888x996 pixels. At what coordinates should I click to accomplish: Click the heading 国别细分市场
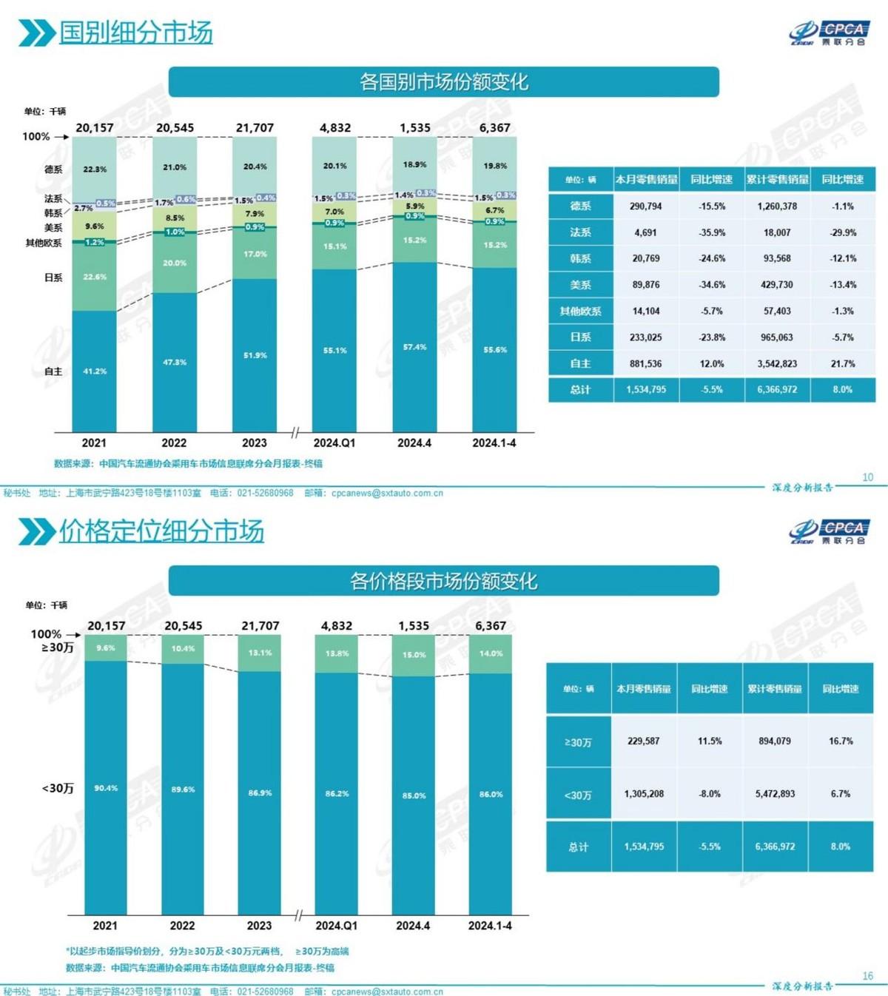(135, 33)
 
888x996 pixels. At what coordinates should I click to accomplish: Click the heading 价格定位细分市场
(161, 531)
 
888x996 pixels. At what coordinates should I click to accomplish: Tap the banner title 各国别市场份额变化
(443, 81)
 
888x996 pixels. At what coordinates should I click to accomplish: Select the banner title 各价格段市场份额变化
(443, 581)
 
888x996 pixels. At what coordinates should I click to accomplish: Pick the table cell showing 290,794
(646, 206)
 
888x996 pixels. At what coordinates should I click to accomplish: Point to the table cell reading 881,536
(646, 363)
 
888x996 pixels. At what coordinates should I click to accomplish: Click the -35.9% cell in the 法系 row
(712, 232)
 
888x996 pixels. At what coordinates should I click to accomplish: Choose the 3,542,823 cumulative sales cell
(777, 363)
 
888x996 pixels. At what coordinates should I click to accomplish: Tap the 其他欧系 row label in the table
(580, 312)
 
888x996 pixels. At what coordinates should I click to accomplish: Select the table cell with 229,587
(643, 741)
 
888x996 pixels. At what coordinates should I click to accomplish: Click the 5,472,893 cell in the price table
(775, 793)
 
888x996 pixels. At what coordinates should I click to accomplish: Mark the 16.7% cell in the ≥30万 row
(841, 741)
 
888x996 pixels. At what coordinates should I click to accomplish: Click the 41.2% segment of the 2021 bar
(95, 371)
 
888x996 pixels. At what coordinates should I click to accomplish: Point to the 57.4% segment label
(414, 347)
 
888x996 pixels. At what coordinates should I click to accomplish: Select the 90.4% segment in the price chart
(106, 788)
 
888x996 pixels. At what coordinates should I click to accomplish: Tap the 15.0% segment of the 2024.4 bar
(414, 655)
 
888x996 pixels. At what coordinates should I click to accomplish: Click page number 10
(868, 477)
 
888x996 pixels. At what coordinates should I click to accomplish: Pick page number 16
(868, 976)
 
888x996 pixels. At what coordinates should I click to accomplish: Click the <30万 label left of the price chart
(58, 789)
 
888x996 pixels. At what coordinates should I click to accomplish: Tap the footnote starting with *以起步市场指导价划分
(207, 951)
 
